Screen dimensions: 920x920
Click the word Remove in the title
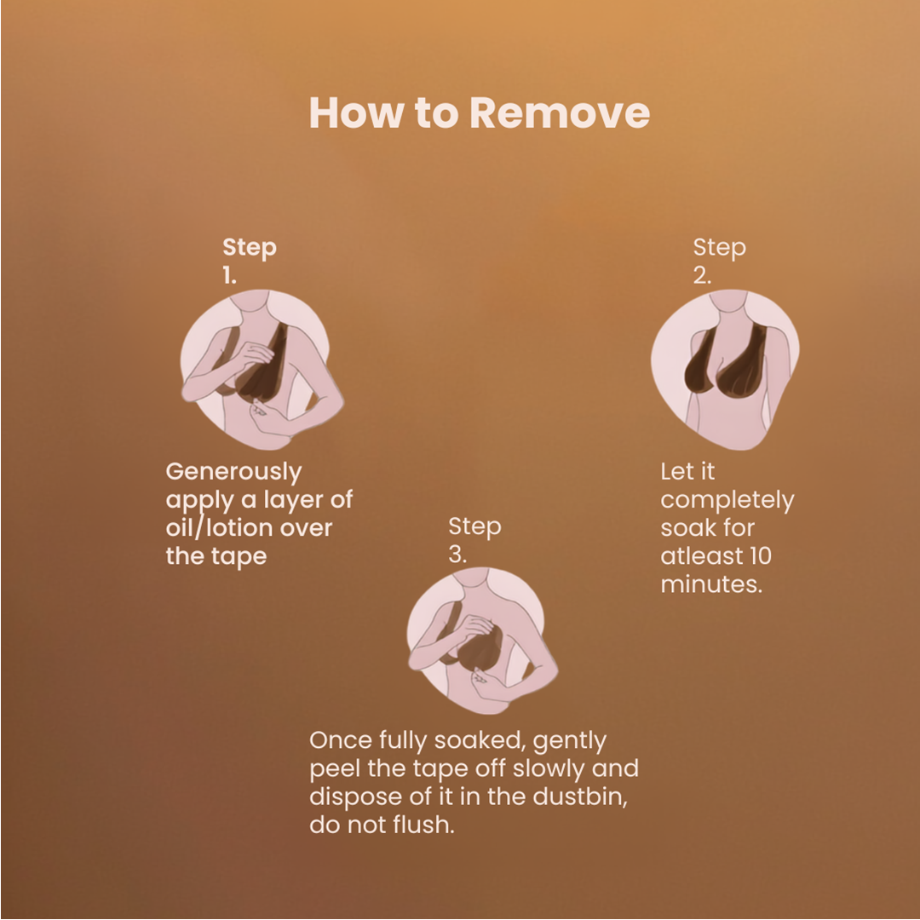[x=560, y=112]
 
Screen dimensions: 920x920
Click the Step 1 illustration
[x=262, y=370]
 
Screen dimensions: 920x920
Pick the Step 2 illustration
[x=725, y=370]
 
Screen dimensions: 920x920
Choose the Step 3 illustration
[x=482, y=641]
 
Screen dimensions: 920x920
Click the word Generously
[x=233, y=472]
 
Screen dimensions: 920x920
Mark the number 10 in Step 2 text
[x=759, y=556]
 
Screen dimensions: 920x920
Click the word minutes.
[x=711, y=584]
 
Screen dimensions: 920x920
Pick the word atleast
[x=700, y=556]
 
